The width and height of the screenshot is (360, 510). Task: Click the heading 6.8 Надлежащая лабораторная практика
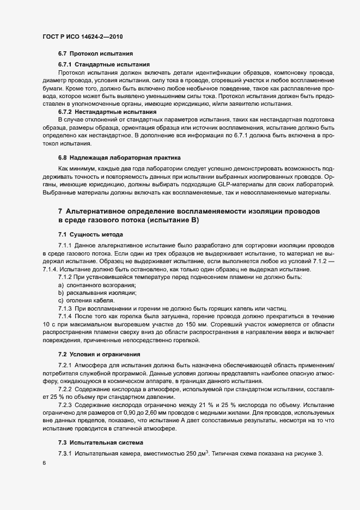pyautogui.click(x=119, y=157)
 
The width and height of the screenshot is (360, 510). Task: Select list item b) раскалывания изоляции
pyautogui.click(x=96, y=293)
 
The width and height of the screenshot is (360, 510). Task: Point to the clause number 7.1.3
pyautogui.click(x=65, y=308)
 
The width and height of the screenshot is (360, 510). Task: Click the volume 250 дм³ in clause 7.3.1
pyautogui.click(x=199, y=454)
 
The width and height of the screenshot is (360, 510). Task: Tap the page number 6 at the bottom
pyautogui.click(x=43, y=463)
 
